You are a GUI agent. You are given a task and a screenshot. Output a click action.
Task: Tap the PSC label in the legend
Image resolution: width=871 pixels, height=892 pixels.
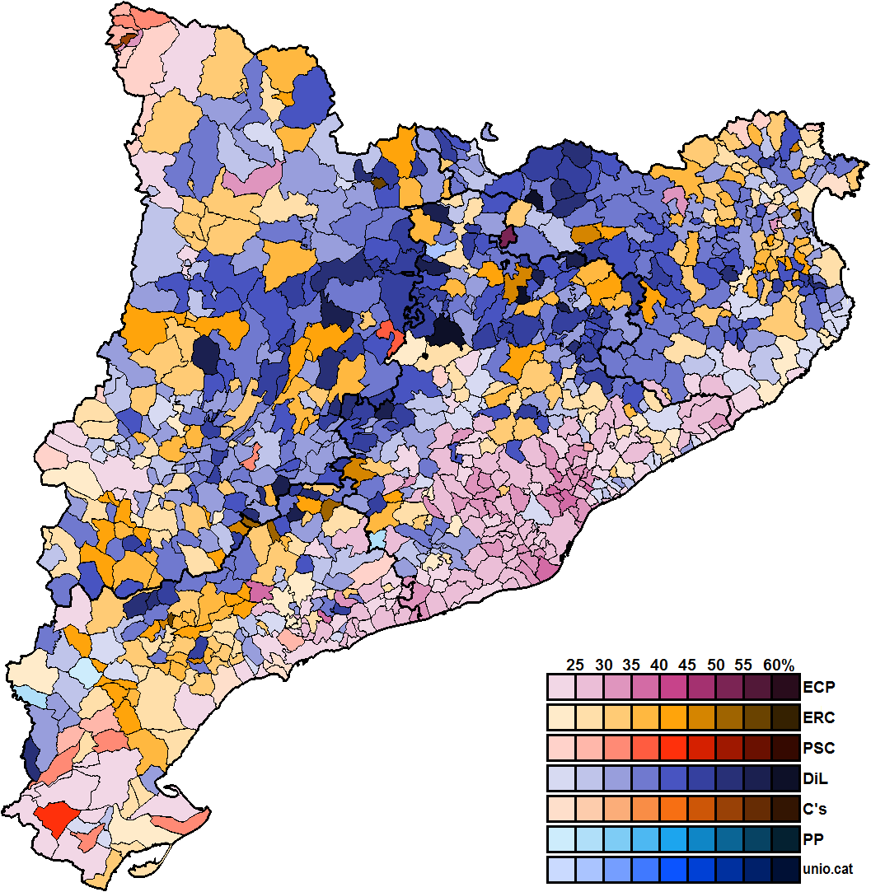point(818,749)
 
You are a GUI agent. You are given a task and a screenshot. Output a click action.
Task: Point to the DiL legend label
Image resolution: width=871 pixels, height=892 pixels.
point(817,779)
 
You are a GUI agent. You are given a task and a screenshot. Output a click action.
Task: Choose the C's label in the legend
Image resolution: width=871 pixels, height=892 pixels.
point(817,810)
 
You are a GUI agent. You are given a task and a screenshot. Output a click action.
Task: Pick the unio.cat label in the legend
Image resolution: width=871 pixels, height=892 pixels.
point(828,870)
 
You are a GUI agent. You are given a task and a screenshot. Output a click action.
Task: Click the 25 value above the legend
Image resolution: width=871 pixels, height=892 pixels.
point(576,665)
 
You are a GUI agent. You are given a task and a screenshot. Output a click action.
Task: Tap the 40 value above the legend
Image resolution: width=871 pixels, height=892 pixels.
point(659,665)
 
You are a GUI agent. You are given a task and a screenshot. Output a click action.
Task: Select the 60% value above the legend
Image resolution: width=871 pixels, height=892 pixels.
point(778,665)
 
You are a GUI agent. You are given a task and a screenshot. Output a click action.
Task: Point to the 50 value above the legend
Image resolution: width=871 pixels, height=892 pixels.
point(715,665)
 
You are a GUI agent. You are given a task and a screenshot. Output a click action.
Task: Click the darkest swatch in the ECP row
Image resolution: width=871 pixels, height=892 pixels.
point(785,686)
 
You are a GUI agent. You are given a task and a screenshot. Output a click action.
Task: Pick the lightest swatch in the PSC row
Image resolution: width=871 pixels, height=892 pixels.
point(561,748)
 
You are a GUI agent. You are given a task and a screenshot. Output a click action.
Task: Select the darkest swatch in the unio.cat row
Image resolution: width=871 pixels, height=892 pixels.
point(785,870)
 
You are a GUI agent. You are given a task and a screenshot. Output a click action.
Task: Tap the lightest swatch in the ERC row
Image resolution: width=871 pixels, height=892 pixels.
point(561,717)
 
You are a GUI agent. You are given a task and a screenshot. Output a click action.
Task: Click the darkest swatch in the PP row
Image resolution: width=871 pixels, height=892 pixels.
point(785,839)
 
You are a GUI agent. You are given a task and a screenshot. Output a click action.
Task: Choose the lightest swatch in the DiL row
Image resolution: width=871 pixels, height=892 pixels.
point(561,779)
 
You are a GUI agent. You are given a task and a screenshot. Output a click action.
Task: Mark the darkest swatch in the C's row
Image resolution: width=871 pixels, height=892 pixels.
point(785,810)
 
